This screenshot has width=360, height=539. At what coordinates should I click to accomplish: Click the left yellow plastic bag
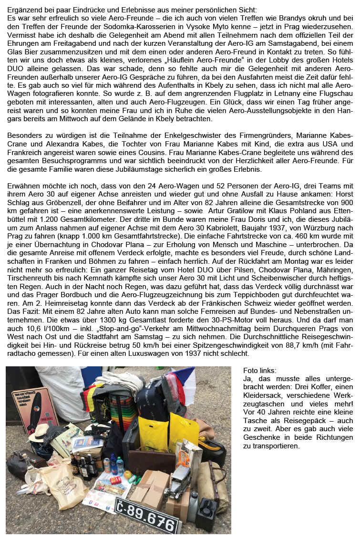(x=153, y=432)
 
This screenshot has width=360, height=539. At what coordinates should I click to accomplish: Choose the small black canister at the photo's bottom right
(x=207, y=512)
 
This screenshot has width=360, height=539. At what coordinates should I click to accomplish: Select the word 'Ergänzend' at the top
(x=21, y=6)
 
